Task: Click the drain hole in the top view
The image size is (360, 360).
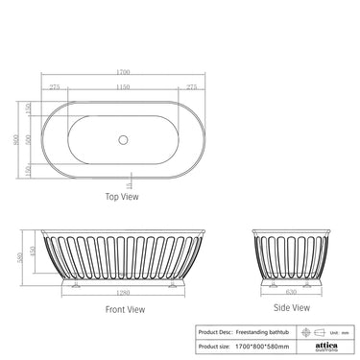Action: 124,139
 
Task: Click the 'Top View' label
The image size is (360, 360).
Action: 124,197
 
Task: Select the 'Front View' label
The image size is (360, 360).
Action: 125,309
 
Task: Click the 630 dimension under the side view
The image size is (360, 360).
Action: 291,293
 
